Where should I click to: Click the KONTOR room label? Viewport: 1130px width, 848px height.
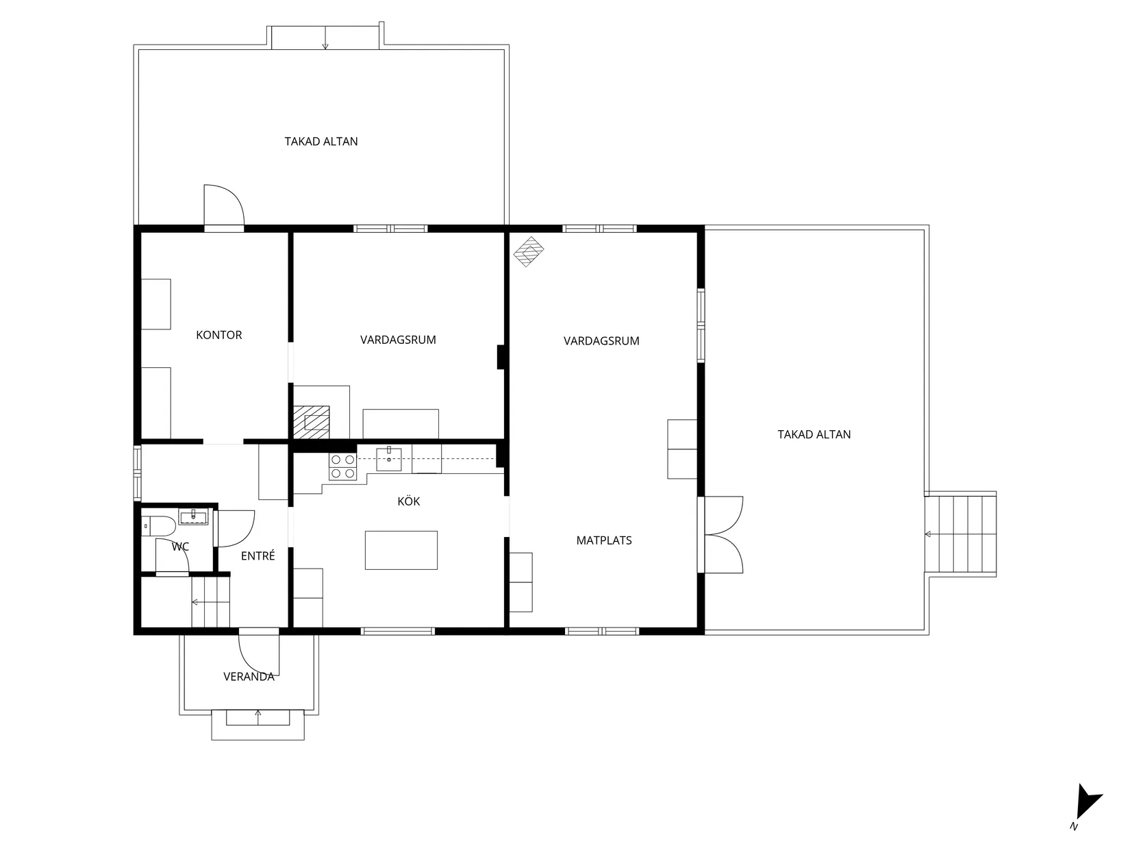coord(218,335)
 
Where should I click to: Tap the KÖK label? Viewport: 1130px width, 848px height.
coord(409,501)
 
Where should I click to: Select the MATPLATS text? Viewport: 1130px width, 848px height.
coord(604,540)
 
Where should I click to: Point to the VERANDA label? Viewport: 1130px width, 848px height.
coord(249,677)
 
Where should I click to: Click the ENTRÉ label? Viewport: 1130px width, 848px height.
coord(258,556)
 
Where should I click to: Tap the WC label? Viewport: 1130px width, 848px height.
coord(180,547)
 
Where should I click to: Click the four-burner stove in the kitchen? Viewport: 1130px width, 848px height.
coord(342,466)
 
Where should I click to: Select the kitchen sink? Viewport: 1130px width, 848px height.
coord(389,459)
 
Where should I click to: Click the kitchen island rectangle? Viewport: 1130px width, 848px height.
coord(401,551)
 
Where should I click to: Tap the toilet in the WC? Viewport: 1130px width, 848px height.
coord(158,526)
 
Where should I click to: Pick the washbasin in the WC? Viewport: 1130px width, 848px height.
coord(194,516)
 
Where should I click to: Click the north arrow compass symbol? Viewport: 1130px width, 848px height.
coord(1087,806)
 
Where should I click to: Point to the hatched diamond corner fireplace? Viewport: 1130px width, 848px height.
coord(529,252)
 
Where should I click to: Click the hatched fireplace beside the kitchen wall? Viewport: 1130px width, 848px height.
coord(312,422)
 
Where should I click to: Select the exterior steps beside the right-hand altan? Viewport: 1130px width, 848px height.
coord(961,534)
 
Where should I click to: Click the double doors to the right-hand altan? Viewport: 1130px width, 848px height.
coord(720,534)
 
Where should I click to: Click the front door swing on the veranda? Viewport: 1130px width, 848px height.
coord(258,652)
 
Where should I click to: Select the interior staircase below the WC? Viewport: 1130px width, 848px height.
coord(210,602)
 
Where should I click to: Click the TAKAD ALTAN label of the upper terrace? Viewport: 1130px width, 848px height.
coord(321,142)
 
